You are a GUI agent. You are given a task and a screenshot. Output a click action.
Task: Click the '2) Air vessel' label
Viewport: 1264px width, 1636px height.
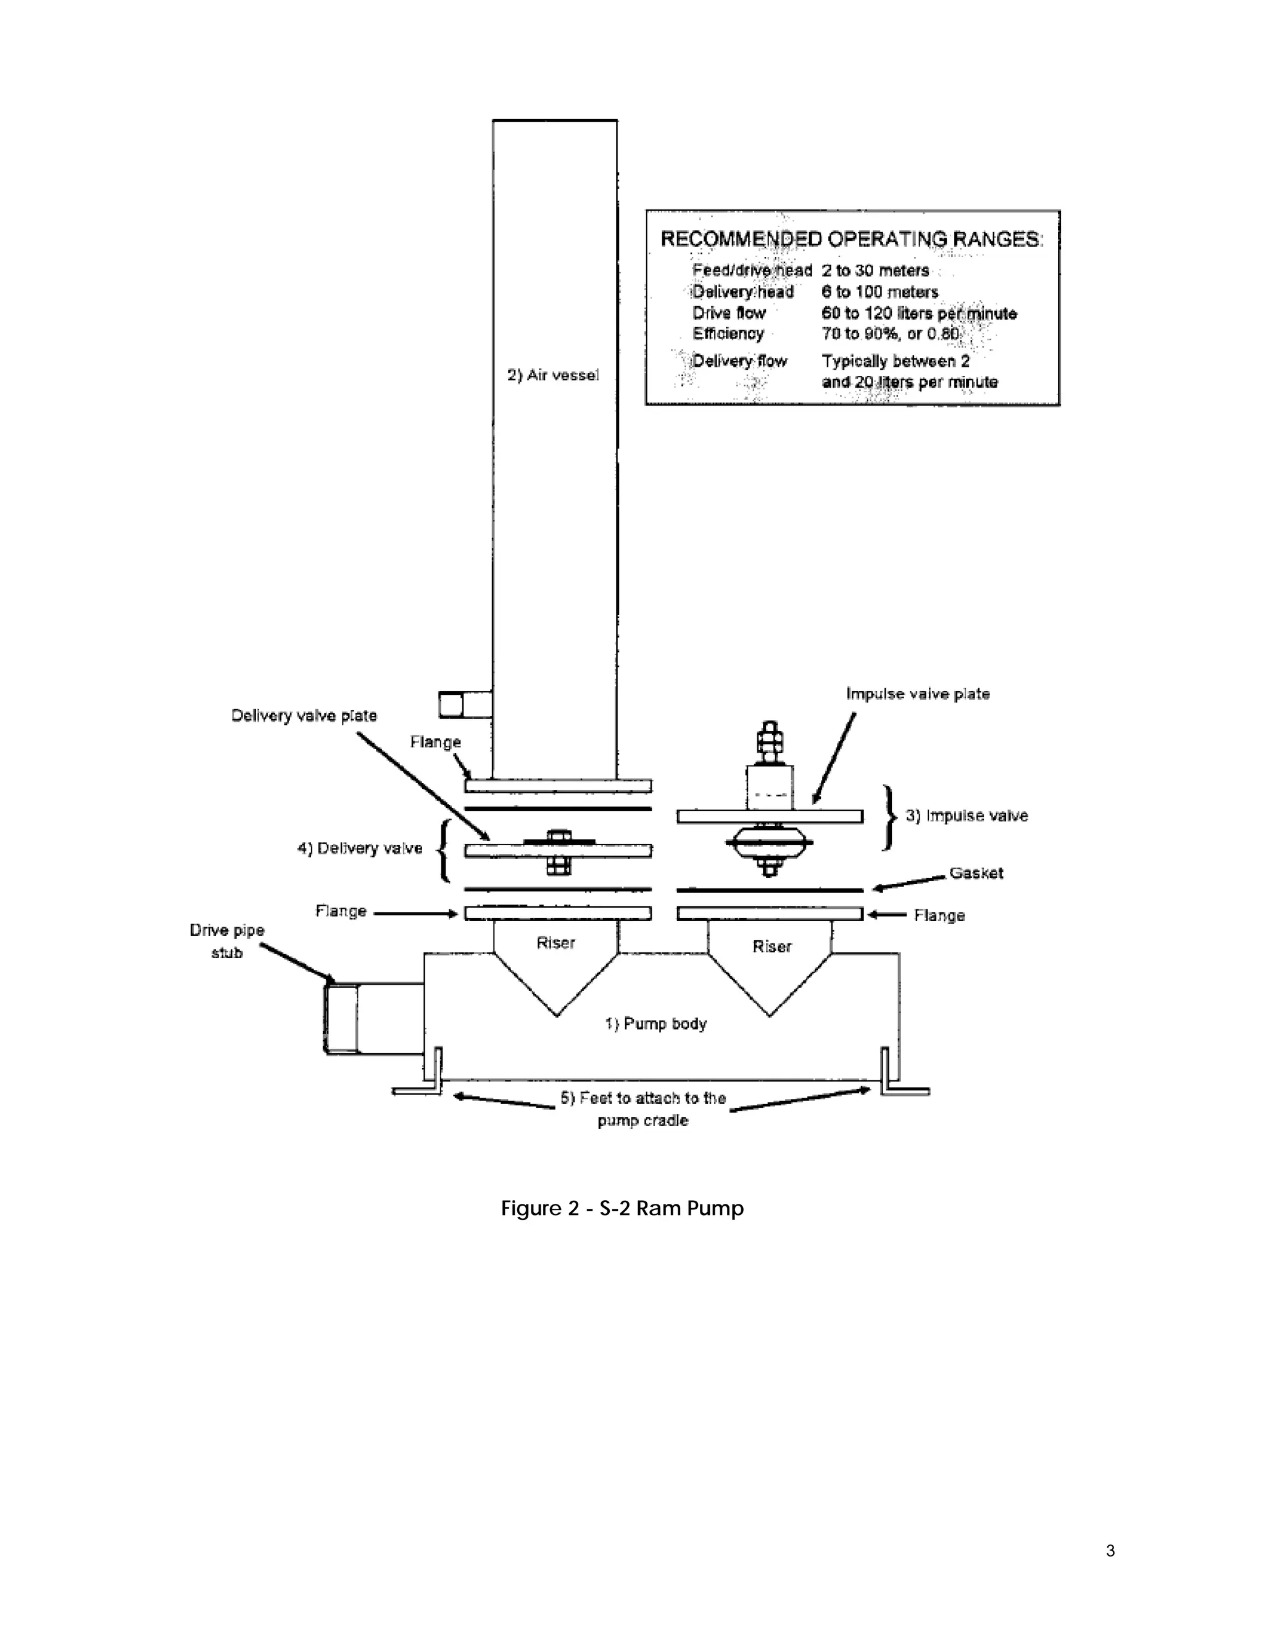pos(552,375)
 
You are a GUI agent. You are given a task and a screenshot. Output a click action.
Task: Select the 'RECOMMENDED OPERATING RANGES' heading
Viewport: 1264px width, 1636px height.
pos(850,239)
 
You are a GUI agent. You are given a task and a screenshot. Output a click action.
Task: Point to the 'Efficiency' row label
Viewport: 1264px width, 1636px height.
pos(727,334)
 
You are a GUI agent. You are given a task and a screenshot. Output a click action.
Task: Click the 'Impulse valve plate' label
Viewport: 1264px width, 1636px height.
pos(917,694)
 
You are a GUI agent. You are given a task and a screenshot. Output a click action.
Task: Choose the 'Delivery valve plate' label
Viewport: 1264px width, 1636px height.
pos(303,716)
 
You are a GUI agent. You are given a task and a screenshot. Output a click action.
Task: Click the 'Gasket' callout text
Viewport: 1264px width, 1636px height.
pos(976,874)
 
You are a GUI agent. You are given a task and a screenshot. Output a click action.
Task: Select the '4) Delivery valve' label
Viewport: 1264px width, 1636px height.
pos(359,848)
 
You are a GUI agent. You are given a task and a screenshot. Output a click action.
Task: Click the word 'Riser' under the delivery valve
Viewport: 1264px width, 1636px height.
pos(555,943)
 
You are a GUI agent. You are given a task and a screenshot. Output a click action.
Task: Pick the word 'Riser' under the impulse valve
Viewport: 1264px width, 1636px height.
pos(771,947)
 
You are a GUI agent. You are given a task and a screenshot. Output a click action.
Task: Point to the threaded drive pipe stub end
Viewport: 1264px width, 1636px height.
pos(341,1019)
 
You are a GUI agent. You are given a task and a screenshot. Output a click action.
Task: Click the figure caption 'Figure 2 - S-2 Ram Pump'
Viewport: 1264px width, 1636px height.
pos(622,1208)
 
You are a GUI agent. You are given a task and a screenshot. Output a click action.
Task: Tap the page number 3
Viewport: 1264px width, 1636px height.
pos(1110,1551)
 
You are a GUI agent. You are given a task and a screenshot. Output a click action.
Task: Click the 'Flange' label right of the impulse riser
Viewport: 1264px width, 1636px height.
pos(939,916)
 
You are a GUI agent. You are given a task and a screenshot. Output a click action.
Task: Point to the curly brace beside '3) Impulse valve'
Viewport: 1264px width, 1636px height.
pos(889,817)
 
